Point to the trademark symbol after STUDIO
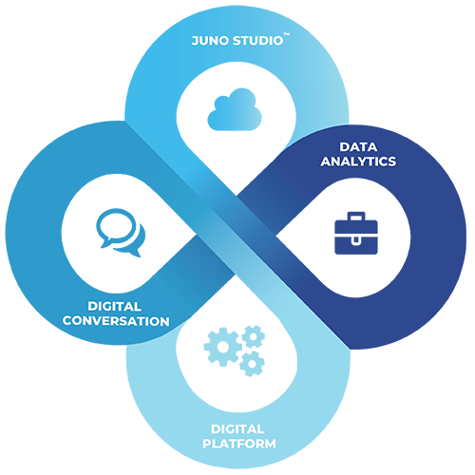[286, 34]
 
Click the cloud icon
[235, 109]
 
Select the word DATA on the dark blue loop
[358, 147]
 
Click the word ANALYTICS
[358, 161]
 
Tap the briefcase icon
[356, 233]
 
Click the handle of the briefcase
[356, 217]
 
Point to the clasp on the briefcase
[356, 240]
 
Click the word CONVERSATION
[116, 321]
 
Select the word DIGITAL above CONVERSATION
[115, 306]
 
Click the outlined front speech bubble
[116, 227]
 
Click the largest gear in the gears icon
[223, 347]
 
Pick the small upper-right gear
[254, 336]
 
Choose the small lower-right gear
[252, 364]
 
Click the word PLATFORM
[239, 444]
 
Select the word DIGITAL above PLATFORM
[237, 429]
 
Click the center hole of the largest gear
[223, 347]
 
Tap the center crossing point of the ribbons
[236, 236]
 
